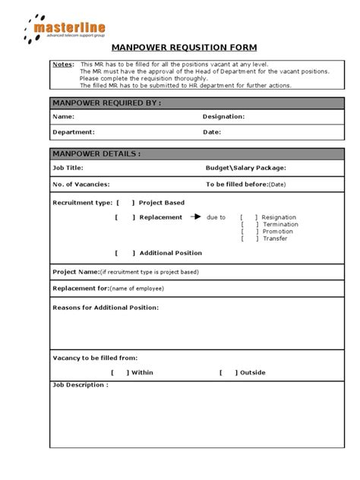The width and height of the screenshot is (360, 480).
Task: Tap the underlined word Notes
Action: (63, 65)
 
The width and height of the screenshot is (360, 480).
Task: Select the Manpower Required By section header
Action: (106, 103)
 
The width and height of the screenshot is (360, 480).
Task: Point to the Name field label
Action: (63, 117)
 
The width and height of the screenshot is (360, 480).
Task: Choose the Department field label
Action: (73, 132)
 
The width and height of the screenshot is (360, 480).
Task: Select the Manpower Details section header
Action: (96, 153)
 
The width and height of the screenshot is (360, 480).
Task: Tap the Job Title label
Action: (68, 168)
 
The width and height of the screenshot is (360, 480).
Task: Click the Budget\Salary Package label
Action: (246, 168)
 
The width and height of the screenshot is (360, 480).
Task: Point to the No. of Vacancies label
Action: (81, 184)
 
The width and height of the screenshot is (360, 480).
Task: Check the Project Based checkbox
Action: (126, 203)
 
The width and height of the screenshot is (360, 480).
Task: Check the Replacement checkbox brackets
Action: (125, 217)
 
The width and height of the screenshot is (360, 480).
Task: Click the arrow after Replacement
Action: (195, 216)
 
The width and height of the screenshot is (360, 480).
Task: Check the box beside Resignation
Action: (249, 217)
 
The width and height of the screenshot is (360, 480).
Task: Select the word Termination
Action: (280, 224)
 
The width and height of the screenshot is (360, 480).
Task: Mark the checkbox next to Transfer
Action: (249, 238)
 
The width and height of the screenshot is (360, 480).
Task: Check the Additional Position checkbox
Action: (125, 253)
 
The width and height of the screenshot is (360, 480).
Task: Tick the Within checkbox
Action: (120, 372)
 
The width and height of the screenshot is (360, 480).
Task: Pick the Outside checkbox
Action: (229, 372)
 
